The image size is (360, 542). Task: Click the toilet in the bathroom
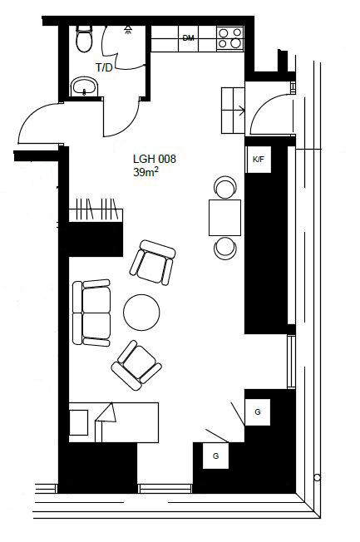[x=84, y=38]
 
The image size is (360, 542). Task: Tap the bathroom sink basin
[x=84, y=86]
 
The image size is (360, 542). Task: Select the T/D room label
[x=105, y=68]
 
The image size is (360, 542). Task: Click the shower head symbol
[x=128, y=30]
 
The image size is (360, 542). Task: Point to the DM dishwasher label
[x=188, y=38]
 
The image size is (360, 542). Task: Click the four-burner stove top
[x=230, y=38]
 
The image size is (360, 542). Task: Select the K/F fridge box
[x=259, y=160]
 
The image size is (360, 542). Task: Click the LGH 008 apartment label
[x=155, y=159]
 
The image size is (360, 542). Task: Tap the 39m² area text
[x=146, y=172]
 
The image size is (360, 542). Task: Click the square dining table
[x=224, y=218]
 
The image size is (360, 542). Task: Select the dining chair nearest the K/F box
[x=225, y=188]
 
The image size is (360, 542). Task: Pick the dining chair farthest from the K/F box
[x=225, y=248]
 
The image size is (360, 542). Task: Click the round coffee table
[x=141, y=312]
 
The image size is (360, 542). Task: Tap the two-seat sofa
[x=91, y=313]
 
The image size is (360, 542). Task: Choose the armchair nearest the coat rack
[x=152, y=263]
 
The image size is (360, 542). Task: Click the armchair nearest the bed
[x=136, y=366]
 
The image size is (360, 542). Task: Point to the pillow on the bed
[x=79, y=422]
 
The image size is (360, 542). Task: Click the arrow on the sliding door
[x=239, y=111]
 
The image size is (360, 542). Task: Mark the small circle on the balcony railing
[x=317, y=478]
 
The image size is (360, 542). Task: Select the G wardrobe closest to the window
[x=257, y=412]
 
